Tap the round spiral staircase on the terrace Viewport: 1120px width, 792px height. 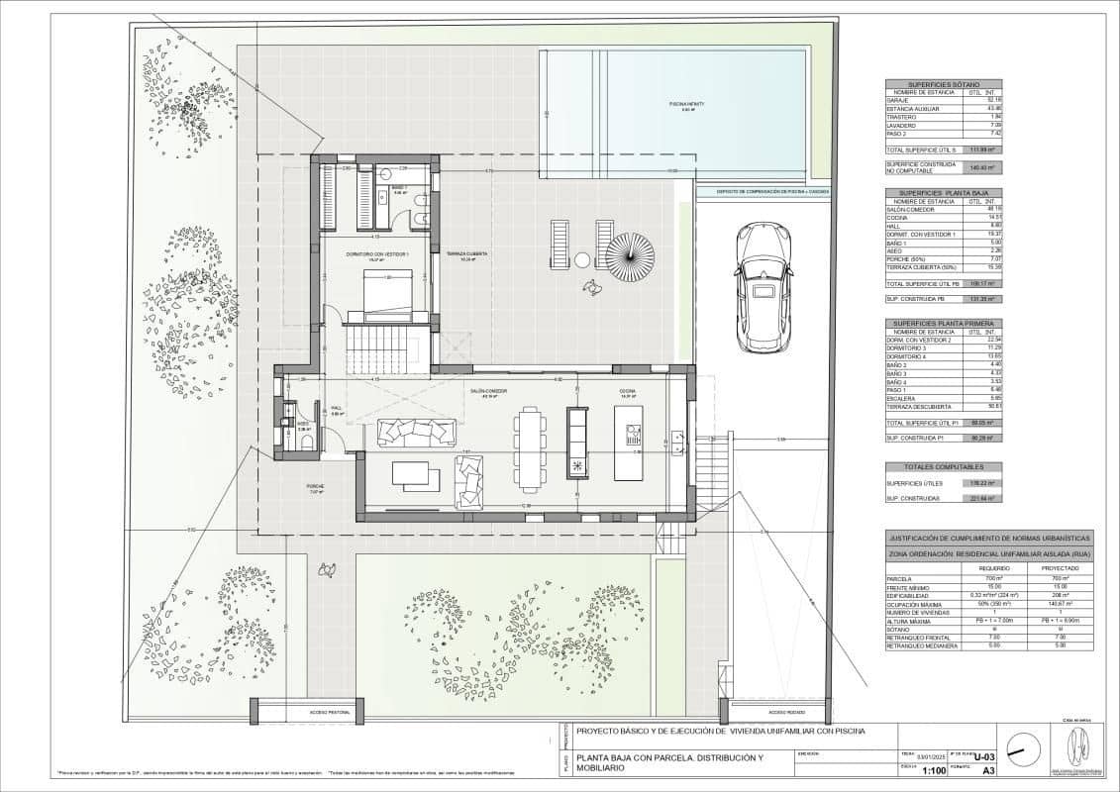tap(630, 257)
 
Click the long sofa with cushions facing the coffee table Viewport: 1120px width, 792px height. tap(417, 433)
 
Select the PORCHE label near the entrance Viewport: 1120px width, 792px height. tap(315, 487)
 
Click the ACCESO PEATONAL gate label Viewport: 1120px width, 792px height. tap(330, 712)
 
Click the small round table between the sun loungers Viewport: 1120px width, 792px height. tap(582, 259)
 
